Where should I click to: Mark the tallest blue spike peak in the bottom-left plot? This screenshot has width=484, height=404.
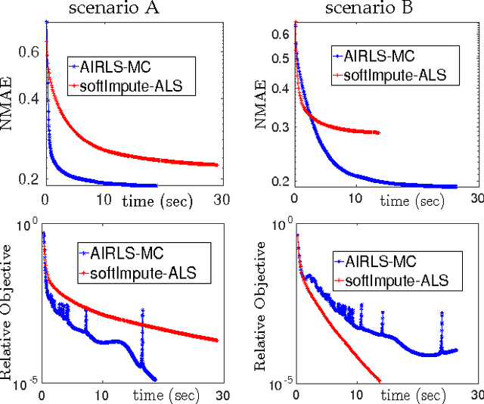coord(142,309)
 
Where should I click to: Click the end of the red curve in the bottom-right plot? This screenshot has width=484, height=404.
coord(379,381)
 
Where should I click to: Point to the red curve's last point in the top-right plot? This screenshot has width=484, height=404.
coord(379,132)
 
